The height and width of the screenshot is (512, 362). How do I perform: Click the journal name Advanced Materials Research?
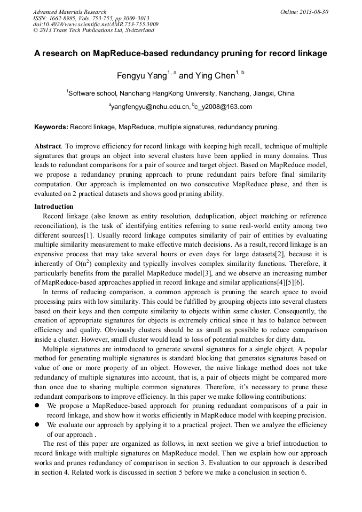click(x=70, y=12)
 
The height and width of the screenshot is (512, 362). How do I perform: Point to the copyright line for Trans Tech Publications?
click(x=93, y=30)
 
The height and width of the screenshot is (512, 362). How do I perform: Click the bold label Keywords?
click(x=51, y=127)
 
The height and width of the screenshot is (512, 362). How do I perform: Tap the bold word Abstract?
click(x=48, y=146)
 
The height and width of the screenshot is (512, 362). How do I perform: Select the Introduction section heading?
click(x=54, y=207)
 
